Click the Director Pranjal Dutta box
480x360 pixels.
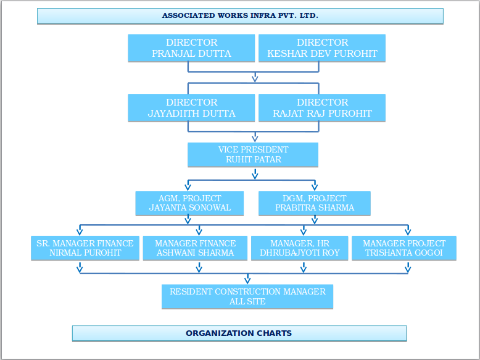191,48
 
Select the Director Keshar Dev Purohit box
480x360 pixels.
322,48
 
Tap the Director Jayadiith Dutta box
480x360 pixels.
191,108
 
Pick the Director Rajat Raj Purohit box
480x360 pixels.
322,108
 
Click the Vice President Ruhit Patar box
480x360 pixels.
253,155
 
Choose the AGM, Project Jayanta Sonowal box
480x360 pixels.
189,203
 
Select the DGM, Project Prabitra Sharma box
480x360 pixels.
314,203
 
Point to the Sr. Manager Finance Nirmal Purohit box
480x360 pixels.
85,248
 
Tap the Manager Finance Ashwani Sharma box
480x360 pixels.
195,248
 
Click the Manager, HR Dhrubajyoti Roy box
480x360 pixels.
299,248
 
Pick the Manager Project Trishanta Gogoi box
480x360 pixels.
404,248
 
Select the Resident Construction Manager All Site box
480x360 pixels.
247,296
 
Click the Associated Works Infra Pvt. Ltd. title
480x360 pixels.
240,15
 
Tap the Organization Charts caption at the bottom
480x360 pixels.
239,333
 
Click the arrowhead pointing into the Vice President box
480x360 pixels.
255,138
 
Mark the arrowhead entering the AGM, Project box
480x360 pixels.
188,186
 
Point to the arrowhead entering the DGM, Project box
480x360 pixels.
314,186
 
